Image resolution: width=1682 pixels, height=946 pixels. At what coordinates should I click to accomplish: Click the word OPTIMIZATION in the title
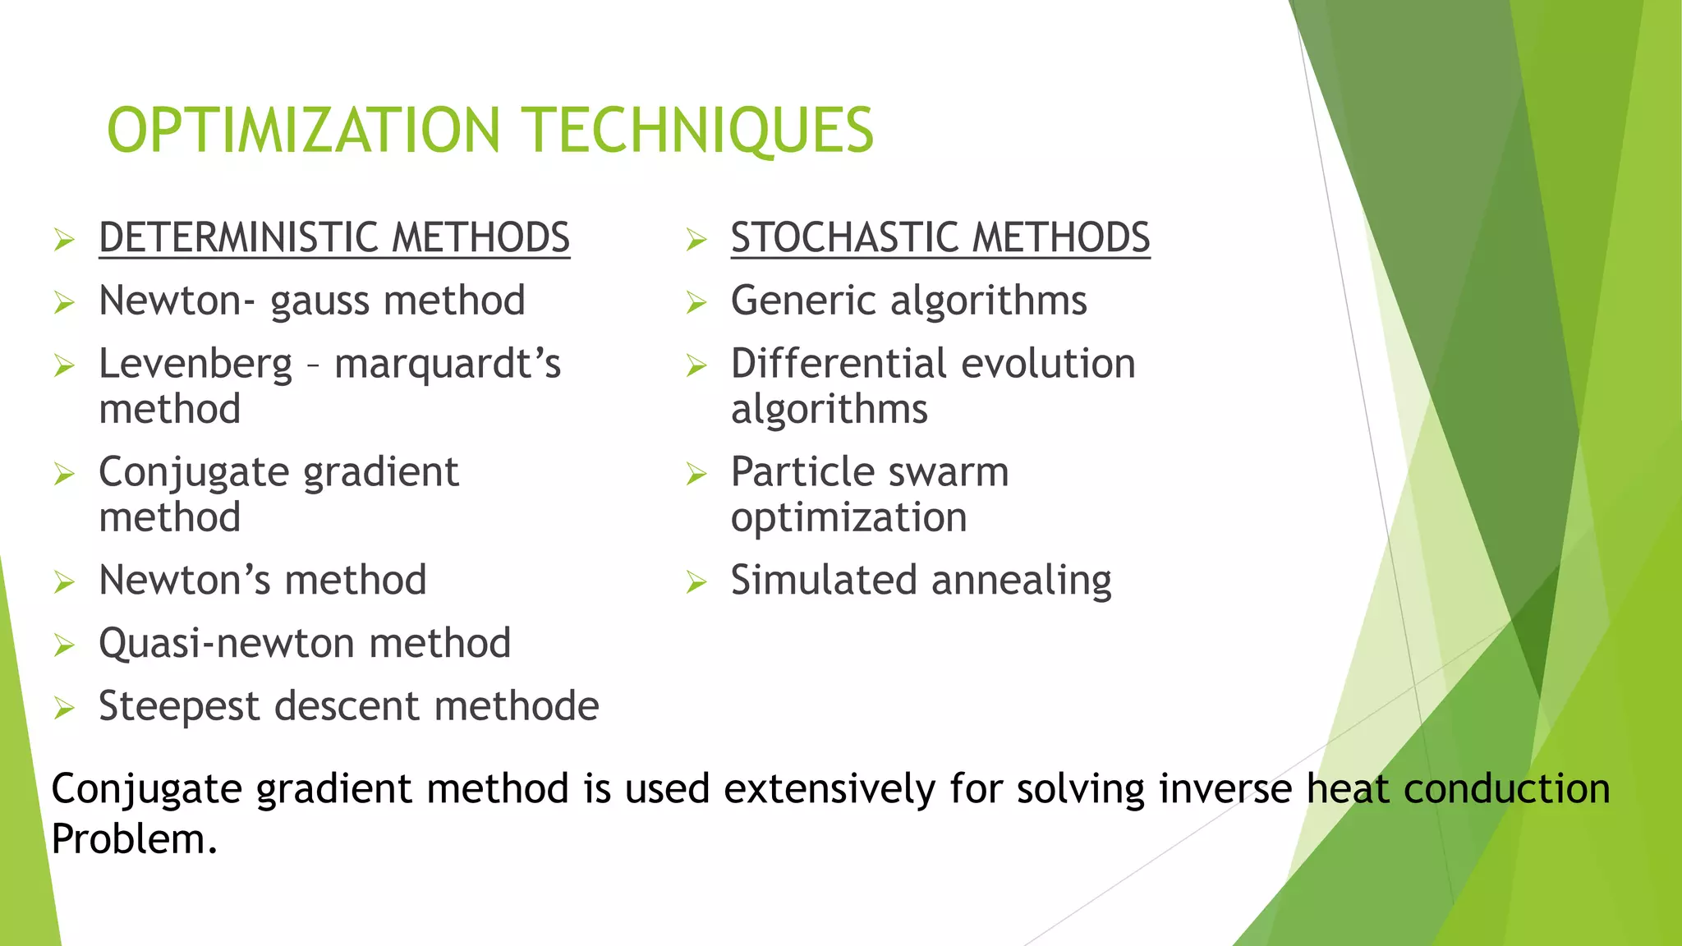pos(303,131)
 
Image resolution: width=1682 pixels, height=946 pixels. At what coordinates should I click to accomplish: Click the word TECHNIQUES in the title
pos(699,131)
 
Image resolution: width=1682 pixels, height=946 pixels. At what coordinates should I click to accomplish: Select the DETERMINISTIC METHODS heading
pos(333,238)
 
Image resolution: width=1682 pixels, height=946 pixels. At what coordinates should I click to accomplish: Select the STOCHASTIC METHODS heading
pos(940,238)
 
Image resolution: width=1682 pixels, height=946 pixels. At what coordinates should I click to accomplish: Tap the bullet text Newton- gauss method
pos(311,301)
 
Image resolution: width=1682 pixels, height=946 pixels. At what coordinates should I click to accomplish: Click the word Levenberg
pos(195,364)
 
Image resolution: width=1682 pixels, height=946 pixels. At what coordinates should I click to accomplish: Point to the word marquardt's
pos(448,364)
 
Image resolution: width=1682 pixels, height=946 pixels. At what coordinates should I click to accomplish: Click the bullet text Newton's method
pos(262,581)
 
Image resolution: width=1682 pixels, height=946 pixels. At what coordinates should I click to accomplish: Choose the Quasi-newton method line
pos(304,643)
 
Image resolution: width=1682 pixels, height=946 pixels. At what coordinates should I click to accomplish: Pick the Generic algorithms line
pos(908,301)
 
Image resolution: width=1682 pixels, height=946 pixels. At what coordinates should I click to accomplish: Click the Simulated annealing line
pos(921,581)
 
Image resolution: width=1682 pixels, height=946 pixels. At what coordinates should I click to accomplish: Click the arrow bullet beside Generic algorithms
pos(696,304)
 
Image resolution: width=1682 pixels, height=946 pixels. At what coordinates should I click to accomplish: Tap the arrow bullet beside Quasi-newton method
pos(64,645)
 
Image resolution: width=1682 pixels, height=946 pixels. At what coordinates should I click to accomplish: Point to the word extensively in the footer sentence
pos(829,789)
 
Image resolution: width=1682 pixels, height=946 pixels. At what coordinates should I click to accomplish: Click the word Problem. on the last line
pos(134,839)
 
